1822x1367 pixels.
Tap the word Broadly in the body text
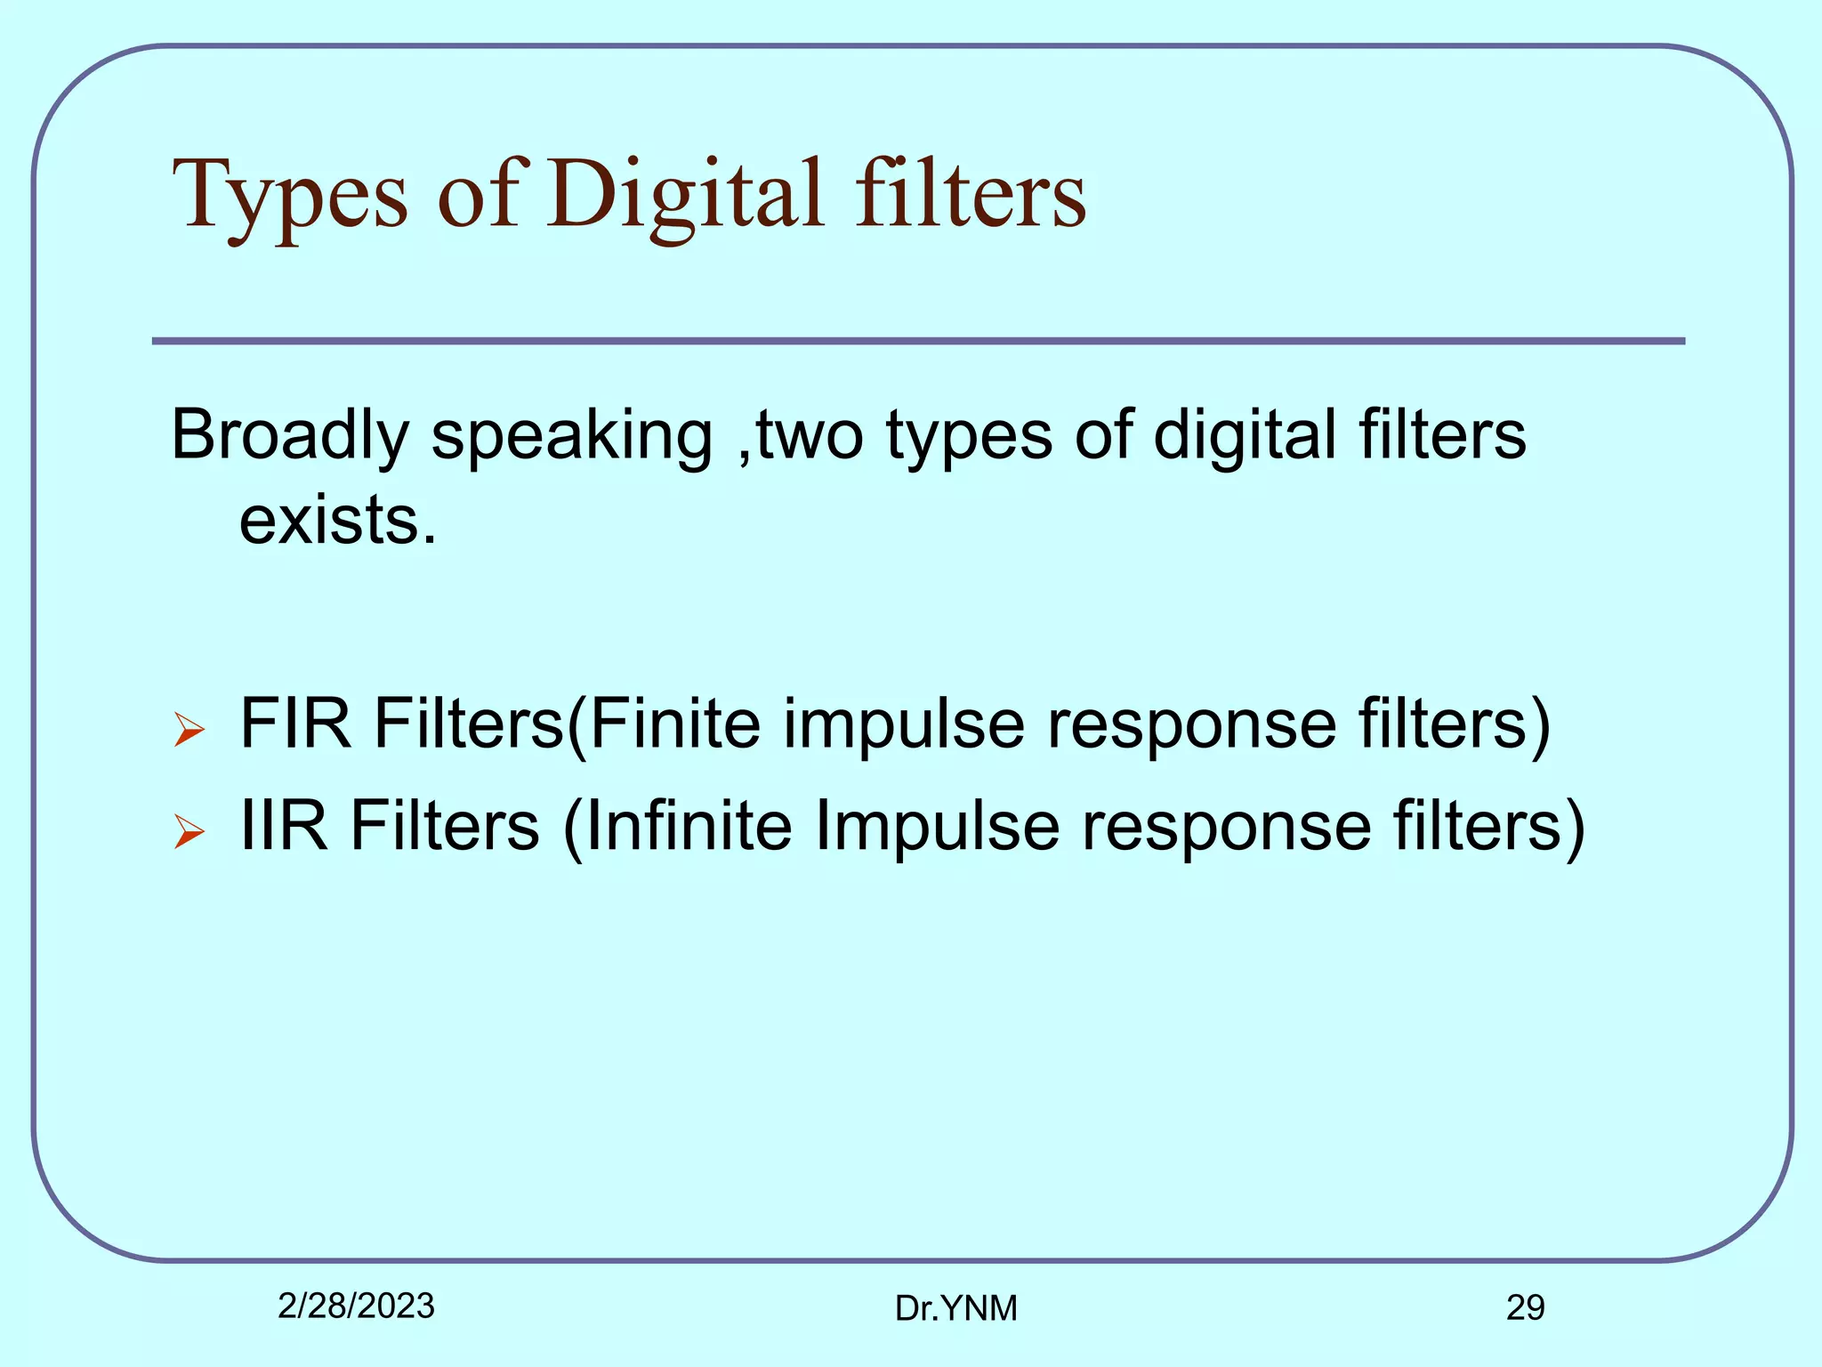[x=289, y=436]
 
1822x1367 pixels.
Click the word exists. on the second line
[x=338, y=521]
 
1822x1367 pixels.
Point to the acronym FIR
[x=295, y=723]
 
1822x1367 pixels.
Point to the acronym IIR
[x=284, y=826]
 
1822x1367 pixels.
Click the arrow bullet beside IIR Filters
[x=189, y=832]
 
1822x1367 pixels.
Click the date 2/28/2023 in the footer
[x=356, y=1306]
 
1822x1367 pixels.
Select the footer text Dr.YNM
[x=955, y=1308]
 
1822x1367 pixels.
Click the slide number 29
[x=1525, y=1307]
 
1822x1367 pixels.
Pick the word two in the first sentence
[x=810, y=436]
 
